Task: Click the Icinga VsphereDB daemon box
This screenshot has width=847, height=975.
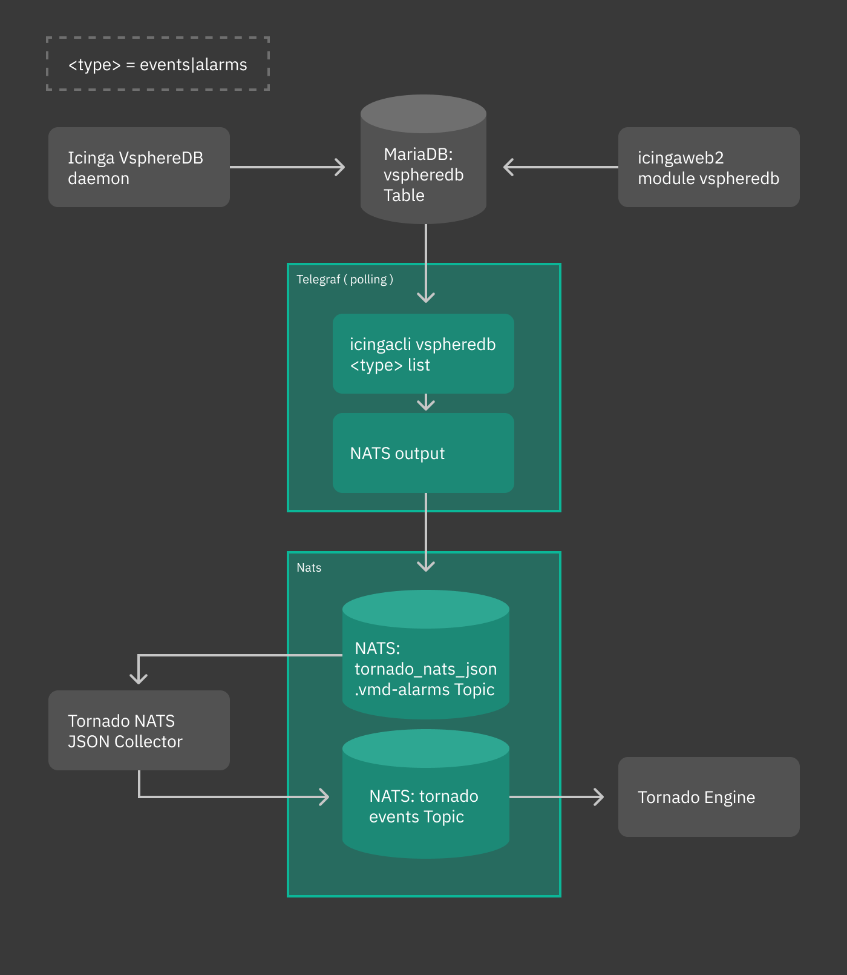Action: [139, 167]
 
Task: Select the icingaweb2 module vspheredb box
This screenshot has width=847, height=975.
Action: [708, 167]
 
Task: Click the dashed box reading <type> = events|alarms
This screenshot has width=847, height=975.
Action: [158, 64]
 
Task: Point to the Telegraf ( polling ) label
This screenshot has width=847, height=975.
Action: [345, 279]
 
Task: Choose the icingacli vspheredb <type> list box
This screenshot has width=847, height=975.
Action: [423, 354]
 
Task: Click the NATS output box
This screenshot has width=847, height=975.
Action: [423, 453]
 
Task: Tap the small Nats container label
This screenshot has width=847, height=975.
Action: [309, 567]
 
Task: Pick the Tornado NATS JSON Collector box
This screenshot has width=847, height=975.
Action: [139, 730]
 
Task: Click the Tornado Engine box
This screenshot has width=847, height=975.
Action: [708, 797]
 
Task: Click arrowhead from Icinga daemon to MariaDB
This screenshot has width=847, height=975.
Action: [341, 167]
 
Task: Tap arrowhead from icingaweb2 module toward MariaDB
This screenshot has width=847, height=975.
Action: [508, 167]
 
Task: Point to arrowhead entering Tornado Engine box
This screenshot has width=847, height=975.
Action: [600, 797]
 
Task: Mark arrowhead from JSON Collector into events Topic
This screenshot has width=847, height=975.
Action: [325, 797]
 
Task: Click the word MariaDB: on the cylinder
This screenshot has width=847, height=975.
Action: [418, 154]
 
